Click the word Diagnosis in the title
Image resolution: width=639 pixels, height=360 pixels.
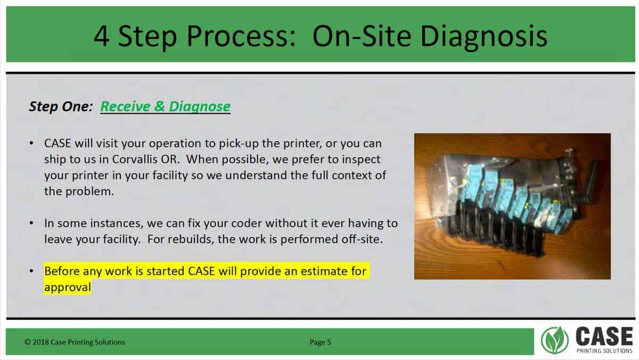pyautogui.click(x=484, y=37)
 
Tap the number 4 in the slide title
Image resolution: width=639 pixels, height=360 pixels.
pyautogui.click(x=101, y=36)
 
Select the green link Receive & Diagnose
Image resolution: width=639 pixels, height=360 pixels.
pyautogui.click(x=165, y=107)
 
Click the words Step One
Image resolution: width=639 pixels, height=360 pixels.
pyautogui.click(x=61, y=107)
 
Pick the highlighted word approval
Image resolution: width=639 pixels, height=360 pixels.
pyautogui.click(x=68, y=287)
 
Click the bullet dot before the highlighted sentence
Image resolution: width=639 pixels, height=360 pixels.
pyautogui.click(x=31, y=271)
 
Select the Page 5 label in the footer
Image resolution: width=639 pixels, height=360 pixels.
pyautogui.click(x=321, y=342)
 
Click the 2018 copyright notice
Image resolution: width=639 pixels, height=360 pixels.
pyautogui.click(x=75, y=342)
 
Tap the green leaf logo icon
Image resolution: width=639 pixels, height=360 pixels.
pyautogui.click(x=555, y=340)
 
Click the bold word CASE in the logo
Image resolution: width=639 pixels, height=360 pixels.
pyautogui.click(x=604, y=337)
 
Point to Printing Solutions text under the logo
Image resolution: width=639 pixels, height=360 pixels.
pyautogui.click(x=604, y=351)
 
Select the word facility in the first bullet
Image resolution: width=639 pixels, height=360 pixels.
pyautogui.click(x=170, y=175)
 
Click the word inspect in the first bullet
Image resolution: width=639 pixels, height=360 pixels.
pyautogui.click(x=361, y=159)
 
